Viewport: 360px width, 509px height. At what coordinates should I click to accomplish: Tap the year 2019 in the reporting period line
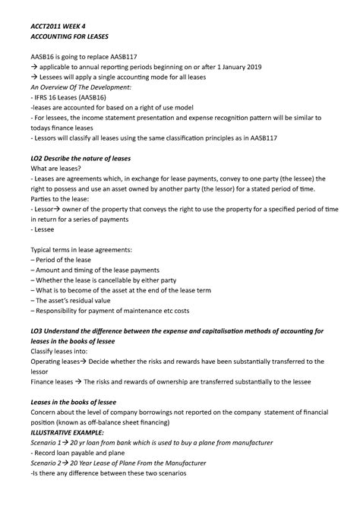point(250,67)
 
